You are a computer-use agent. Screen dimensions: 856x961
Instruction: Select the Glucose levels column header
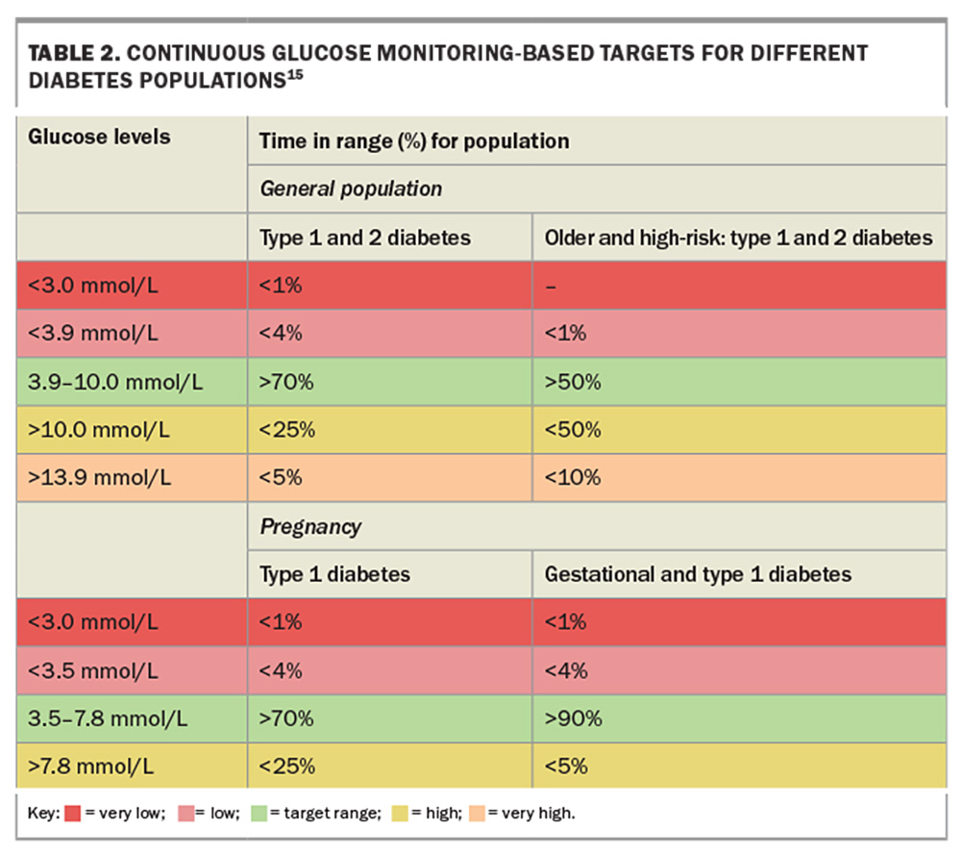(99, 137)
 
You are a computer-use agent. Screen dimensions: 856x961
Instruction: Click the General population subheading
(351, 189)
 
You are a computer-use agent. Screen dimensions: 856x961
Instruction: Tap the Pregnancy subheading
(310, 526)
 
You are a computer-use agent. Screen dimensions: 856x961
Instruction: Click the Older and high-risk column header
(738, 237)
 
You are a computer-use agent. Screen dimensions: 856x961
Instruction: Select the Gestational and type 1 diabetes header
(698, 574)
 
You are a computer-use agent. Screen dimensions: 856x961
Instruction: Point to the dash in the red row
(551, 286)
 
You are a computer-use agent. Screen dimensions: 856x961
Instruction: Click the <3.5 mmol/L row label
(94, 670)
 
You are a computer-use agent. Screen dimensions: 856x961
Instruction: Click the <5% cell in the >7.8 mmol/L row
(566, 767)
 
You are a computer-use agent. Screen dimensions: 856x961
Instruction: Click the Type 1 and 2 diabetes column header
(364, 237)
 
